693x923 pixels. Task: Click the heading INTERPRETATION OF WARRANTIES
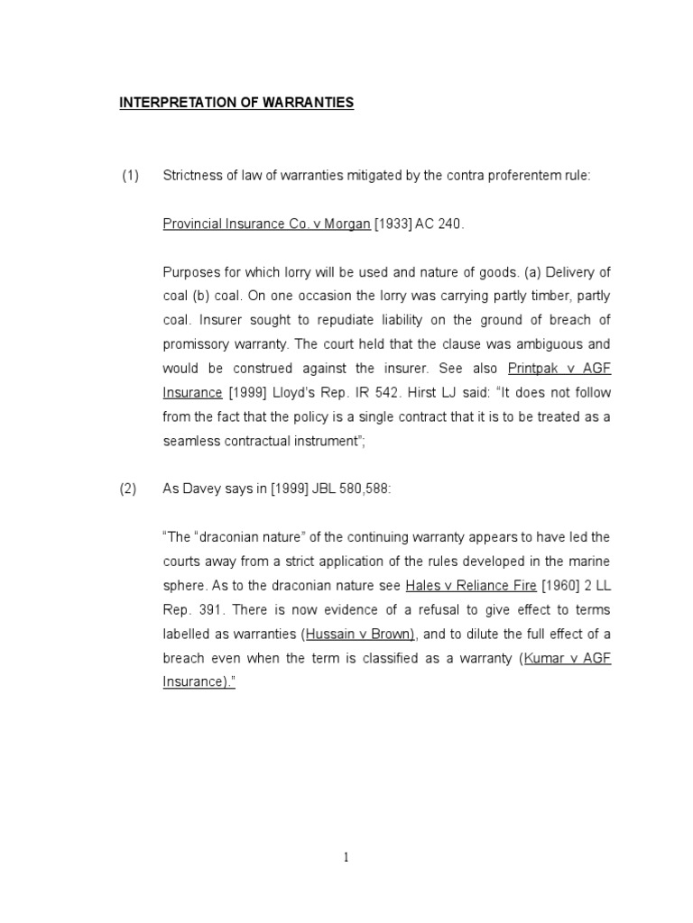tap(236, 103)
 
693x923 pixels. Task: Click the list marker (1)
tap(131, 176)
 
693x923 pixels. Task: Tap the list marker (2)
tap(128, 489)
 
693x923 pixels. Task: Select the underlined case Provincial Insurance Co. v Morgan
tap(266, 224)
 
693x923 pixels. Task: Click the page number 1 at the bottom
tap(346, 858)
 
